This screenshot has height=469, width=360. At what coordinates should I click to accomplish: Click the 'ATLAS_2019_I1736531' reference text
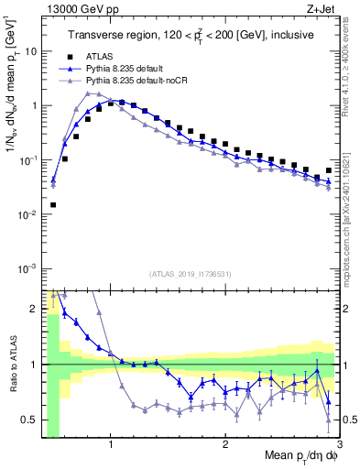point(190,274)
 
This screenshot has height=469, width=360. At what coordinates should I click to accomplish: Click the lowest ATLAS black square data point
point(53,205)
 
